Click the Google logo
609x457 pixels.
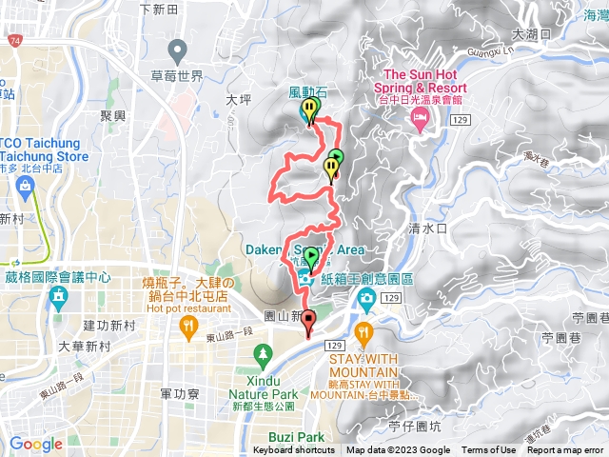[x=35, y=444]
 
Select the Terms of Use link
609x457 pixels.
[x=489, y=450]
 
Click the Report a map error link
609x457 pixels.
[x=567, y=450]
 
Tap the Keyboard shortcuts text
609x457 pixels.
[x=294, y=450]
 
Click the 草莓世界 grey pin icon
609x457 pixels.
[x=176, y=49]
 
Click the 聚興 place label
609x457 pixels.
[x=113, y=113]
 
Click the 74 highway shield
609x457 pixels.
[x=15, y=42]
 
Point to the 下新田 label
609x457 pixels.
[x=159, y=10]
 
